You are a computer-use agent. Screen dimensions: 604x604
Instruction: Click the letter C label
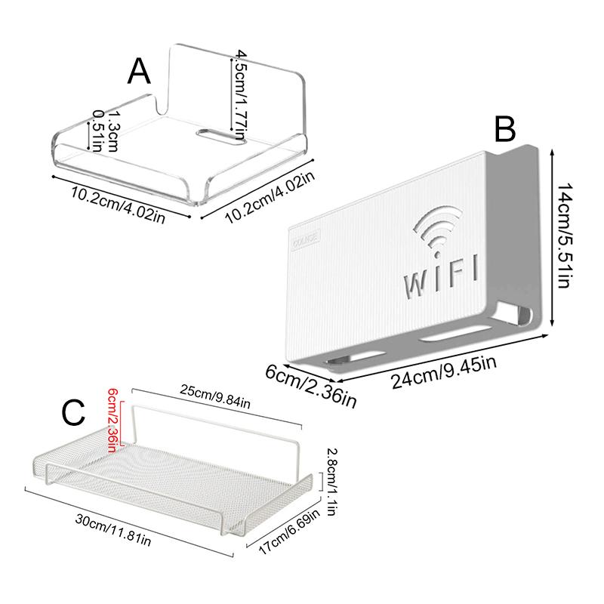point(73,414)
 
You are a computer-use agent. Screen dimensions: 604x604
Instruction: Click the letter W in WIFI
point(418,282)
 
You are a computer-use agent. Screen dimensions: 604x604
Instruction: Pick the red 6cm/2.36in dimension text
point(112,420)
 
